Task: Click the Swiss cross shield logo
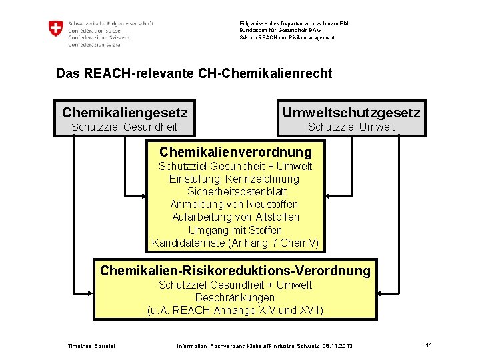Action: (55, 29)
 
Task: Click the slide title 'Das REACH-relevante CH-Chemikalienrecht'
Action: (193, 73)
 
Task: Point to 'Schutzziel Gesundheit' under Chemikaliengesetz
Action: (125, 127)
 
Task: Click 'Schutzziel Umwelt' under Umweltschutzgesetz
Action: (351, 127)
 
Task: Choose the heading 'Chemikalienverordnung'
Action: (235, 152)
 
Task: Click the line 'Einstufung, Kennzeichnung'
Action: (235, 179)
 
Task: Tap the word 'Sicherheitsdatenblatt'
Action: (235, 191)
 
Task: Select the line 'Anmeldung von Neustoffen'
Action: (235, 204)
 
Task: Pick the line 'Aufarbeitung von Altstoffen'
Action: (235, 217)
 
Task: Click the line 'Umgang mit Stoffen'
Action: (235, 230)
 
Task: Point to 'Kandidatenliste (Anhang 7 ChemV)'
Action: (235, 243)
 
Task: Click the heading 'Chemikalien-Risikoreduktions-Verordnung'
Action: (235, 271)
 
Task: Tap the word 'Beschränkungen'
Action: (235, 297)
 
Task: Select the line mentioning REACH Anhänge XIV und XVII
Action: (235, 310)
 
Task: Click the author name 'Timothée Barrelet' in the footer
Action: (91, 346)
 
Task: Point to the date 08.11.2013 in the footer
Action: (337, 346)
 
